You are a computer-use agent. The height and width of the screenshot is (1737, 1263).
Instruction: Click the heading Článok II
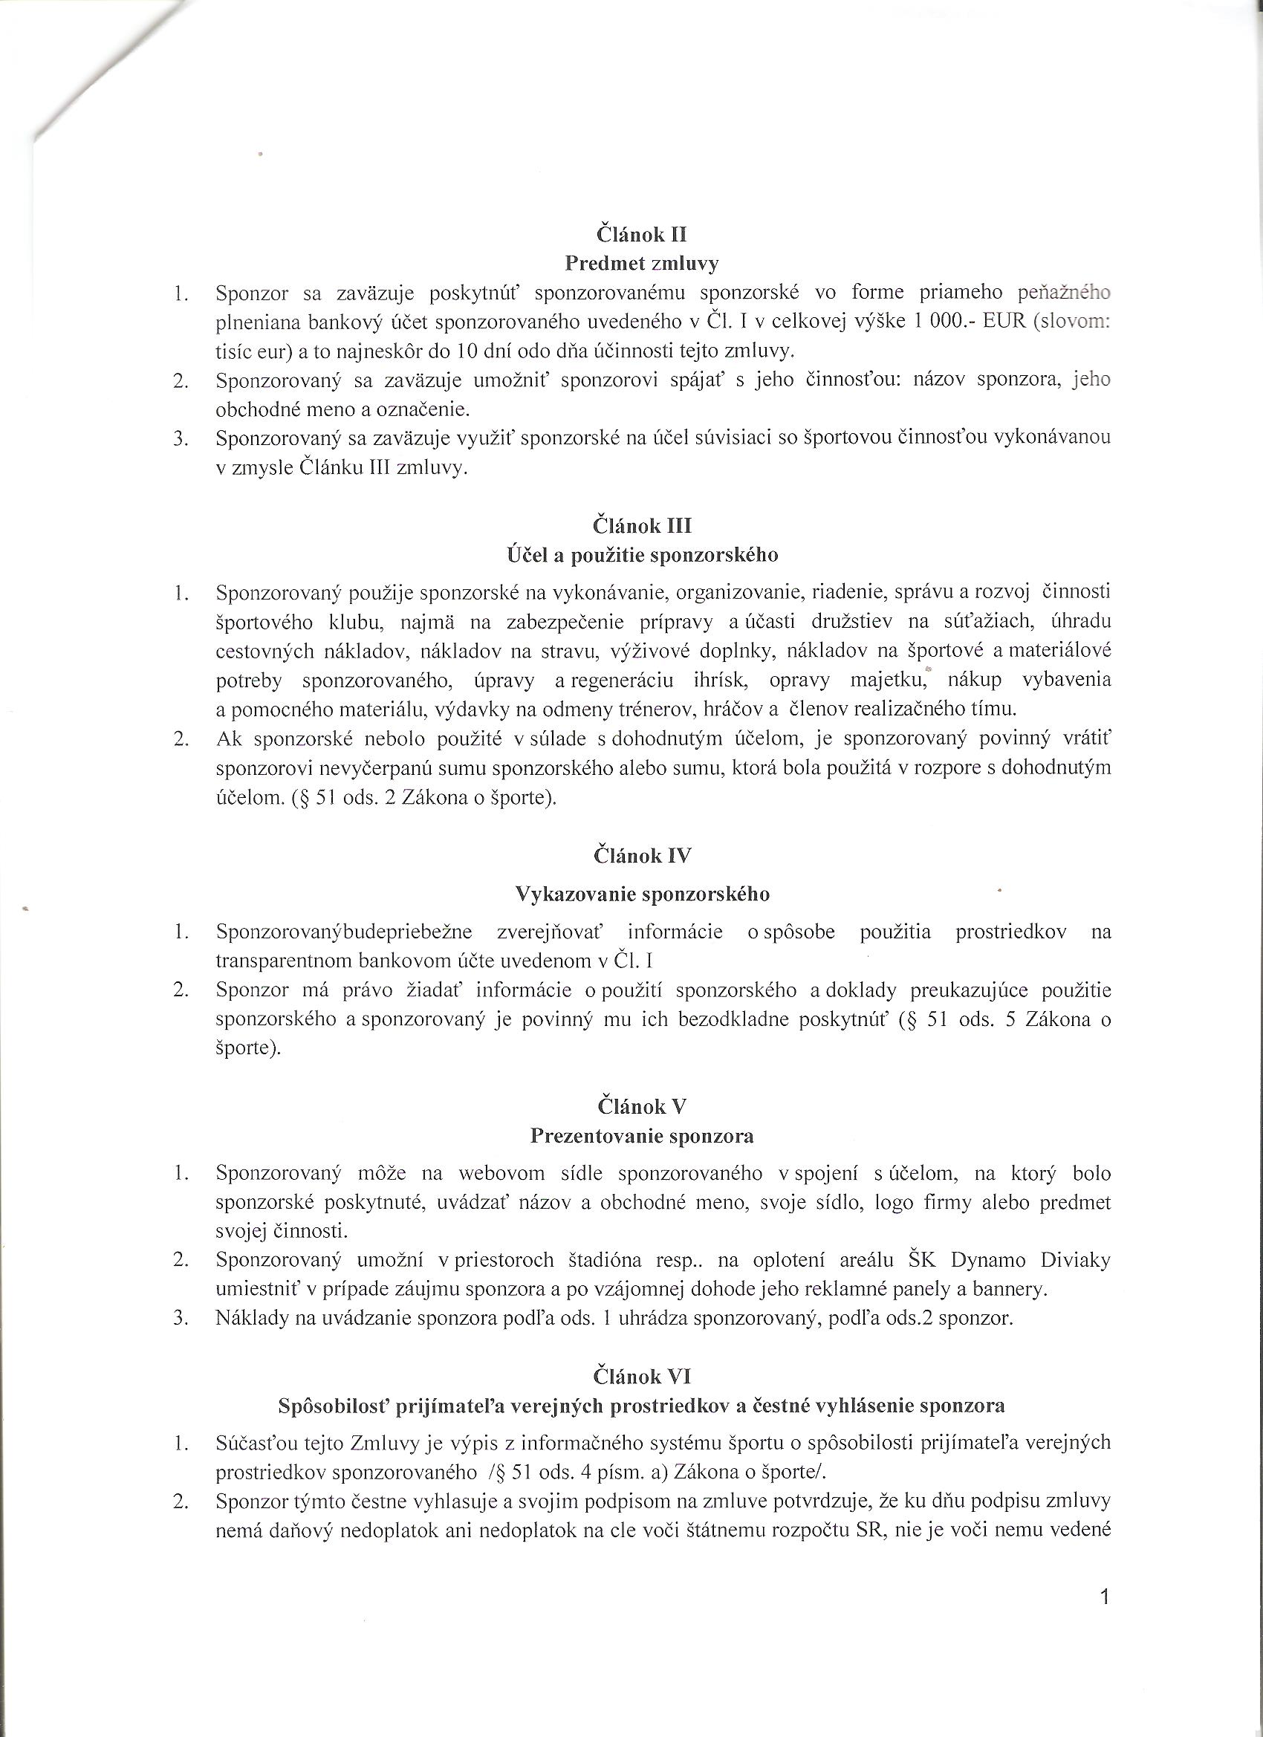pos(641,233)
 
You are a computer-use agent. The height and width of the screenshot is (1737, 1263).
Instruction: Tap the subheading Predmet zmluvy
pos(642,264)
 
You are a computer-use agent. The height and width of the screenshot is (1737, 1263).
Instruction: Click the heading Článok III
pos(642,526)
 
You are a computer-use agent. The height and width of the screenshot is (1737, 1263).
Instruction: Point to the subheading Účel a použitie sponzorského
pos(642,555)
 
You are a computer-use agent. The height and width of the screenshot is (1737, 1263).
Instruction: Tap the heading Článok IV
pos(642,855)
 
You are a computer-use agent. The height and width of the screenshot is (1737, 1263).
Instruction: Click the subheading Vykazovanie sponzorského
pos(642,894)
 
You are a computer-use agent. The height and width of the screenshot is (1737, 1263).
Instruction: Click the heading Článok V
pos(642,1106)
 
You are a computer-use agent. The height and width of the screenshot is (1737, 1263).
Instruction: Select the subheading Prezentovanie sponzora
pos(642,1135)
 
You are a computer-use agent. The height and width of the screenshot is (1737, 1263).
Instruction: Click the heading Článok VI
pos(642,1376)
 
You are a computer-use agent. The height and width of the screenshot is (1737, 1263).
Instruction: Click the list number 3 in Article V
pos(180,1318)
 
